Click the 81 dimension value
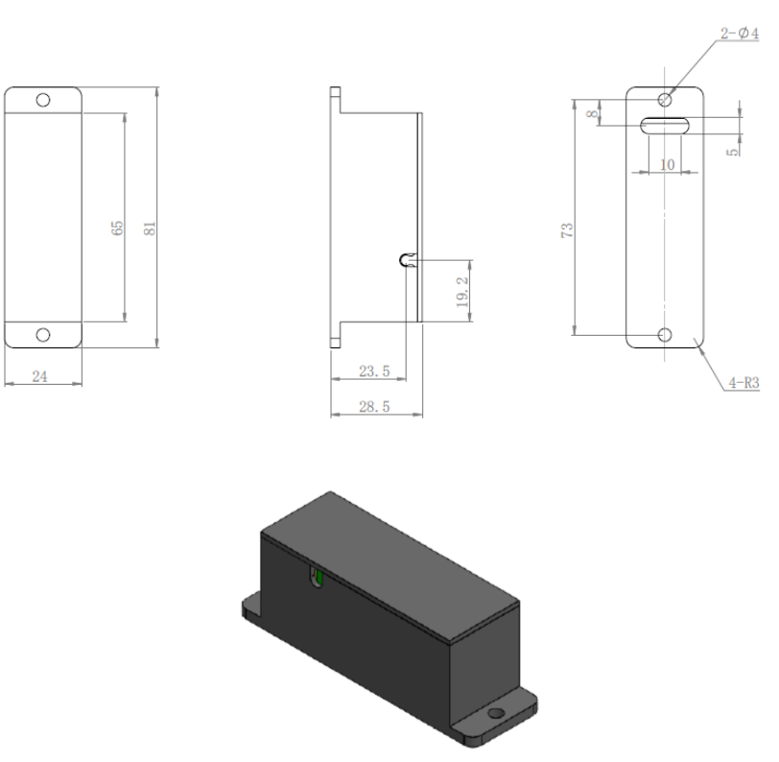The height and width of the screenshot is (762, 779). (150, 228)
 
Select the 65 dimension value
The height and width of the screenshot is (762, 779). (117, 228)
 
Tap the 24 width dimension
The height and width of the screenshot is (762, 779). (39, 376)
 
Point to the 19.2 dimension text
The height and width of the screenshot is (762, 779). (462, 292)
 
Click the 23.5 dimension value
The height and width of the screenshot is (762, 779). (374, 370)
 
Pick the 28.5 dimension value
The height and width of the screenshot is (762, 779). (374, 407)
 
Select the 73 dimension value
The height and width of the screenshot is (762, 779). (567, 230)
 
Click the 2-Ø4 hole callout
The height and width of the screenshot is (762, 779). (740, 34)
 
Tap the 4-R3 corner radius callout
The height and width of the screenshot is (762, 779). (744, 382)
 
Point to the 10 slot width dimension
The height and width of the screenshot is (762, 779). (667, 164)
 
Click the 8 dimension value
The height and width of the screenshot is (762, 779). (592, 114)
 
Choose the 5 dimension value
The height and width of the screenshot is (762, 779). (733, 152)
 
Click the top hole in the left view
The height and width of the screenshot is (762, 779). (43, 100)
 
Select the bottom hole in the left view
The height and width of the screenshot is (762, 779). (43, 335)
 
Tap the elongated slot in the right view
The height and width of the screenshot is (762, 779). (665, 126)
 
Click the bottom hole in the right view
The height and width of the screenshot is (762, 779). (665, 335)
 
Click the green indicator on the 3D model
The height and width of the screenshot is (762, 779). (319, 578)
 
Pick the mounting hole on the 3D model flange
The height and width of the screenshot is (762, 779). (496, 714)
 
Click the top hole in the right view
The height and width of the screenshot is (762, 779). (665, 100)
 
